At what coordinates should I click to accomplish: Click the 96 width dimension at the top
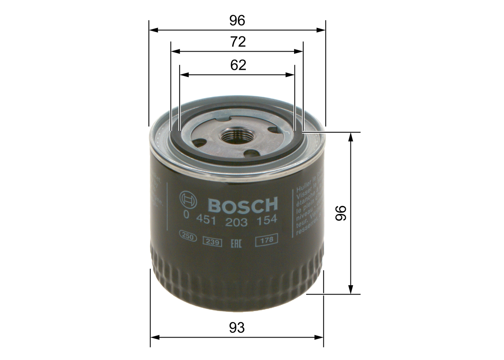click(237, 21)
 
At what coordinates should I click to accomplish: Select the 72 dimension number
click(237, 42)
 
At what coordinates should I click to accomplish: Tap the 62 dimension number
click(238, 65)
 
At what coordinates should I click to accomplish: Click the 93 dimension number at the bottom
click(237, 328)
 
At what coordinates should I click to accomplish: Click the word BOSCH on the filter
click(243, 205)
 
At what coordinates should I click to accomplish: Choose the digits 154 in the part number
click(267, 221)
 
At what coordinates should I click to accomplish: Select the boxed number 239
click(212, 242)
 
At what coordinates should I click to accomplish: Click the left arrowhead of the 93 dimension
click(154, 337)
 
